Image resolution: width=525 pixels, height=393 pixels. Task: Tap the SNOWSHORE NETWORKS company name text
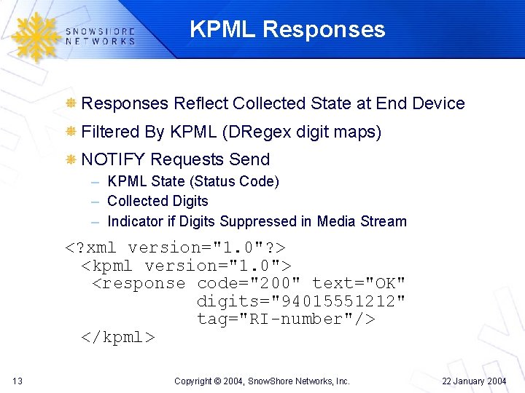100,36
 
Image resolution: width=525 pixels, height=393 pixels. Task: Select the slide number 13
17,381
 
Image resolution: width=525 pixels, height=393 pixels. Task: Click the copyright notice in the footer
262,381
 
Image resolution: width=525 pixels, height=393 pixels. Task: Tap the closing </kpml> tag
117,337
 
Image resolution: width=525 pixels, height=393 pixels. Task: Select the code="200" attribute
249,283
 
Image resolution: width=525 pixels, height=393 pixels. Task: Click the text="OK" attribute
359,283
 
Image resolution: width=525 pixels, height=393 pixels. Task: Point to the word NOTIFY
113,159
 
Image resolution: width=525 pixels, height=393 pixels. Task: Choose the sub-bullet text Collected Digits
157,201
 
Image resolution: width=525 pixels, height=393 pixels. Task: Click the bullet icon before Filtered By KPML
71,132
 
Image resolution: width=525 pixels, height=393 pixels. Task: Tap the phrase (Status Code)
244,181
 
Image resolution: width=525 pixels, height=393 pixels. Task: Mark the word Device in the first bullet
438,103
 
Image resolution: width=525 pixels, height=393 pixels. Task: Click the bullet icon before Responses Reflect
71,103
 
